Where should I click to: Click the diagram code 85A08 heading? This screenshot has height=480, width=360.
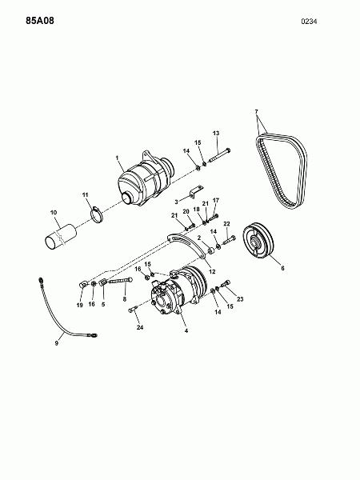click(40, 21)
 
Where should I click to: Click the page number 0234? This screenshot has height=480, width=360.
click(309, 22)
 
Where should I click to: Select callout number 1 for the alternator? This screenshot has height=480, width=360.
click(117, 158)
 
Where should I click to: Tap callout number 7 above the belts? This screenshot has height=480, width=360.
click(257, 111)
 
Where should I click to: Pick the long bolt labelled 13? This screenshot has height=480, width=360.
click(219, 155)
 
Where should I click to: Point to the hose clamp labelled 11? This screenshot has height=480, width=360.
click(97, 214)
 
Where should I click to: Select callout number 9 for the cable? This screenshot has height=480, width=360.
click(57, 343)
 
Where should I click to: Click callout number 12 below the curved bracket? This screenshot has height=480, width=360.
click(212, 271)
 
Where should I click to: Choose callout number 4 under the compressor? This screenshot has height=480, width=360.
click(186, 330)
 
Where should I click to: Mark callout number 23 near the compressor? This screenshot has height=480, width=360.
click(240, 298)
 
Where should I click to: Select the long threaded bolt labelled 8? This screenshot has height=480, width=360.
click(120, 280)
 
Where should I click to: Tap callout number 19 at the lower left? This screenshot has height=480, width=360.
click(79, 305)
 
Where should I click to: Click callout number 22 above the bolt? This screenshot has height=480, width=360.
click(226, 224)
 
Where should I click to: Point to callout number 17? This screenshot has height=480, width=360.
click(216, 200)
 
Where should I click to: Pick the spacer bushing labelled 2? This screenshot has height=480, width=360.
click(210, 251)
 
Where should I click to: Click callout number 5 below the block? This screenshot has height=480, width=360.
click(103, 304)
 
